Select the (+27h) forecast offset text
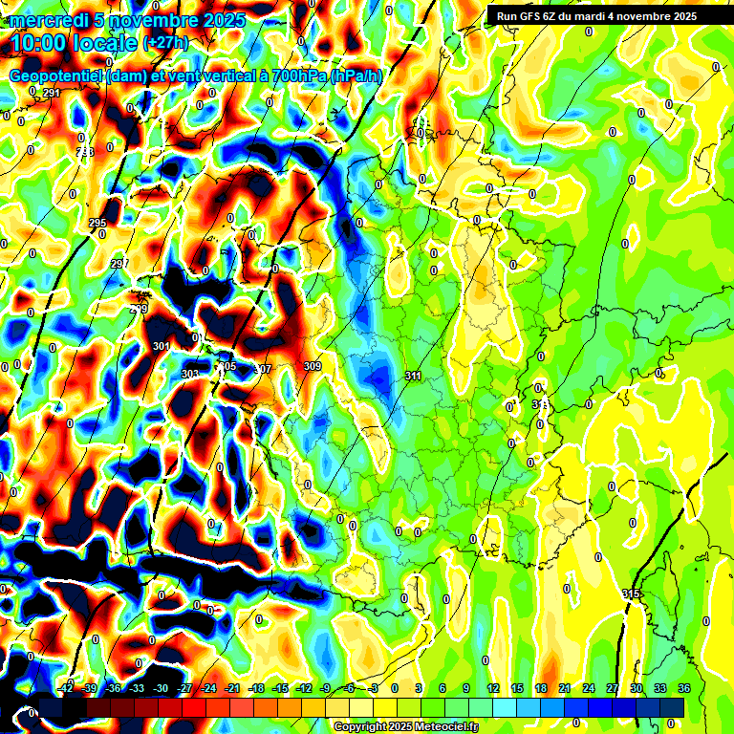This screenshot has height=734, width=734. (x=165, y=43)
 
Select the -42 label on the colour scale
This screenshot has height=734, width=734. (x=66, y=688)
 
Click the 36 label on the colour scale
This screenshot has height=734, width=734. (x=683, y=688)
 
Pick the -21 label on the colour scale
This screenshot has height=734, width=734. (x=232, y=688)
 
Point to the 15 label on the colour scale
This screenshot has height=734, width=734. (x=517, y=688)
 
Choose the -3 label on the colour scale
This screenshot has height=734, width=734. (x=374, y=688)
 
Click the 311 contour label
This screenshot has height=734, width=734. (x=413, y=377)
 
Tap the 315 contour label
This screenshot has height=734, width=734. (x=631, y=594)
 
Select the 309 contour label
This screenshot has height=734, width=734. (x=312, y=366)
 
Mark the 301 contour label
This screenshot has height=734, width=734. (x=161, y=346)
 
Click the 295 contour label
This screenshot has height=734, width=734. (x=97, y=224)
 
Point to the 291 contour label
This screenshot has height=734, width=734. (x=51, y=93)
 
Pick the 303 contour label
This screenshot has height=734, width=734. (x=190, y=374)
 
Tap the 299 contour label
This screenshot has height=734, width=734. (x=139, y=309)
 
